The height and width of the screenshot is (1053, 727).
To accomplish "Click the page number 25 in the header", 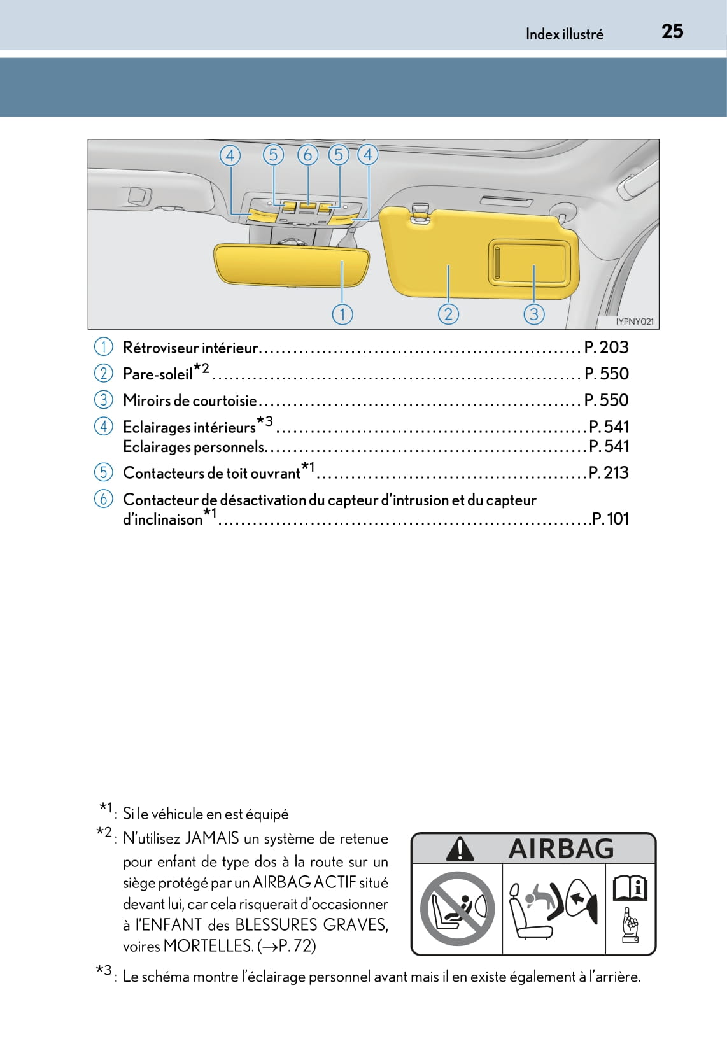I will [x=672, y=31].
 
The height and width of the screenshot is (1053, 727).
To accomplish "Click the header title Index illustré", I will [x=564, y=34].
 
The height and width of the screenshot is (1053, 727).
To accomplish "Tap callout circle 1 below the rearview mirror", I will [x=342, y=314].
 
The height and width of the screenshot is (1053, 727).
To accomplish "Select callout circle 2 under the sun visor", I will [x=448, y=314].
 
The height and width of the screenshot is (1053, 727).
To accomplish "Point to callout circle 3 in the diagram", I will [x=533, y=314].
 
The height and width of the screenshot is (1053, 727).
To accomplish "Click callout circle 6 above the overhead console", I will [x=307, y=155].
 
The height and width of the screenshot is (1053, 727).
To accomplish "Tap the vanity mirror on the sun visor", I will [x=527, y=262].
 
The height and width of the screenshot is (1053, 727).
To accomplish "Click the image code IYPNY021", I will [x=634, y=322].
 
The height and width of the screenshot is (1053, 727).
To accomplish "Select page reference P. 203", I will [x=606, y=348].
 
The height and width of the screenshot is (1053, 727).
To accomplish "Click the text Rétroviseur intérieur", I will [x=190, y=348].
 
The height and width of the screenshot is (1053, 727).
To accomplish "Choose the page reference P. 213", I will [x=608, y=473].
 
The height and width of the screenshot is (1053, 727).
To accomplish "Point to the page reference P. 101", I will [x=610, y=519].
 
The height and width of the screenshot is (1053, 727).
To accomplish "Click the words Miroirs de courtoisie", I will [x=190, y=400].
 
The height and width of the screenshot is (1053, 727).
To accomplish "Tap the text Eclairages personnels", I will [x=194, y=447].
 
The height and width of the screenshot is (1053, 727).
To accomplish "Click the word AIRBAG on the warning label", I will [x=561, y=849].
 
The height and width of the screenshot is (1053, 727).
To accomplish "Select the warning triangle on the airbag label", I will [x=460, y=849].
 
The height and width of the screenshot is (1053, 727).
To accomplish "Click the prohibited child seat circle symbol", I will [x=457, y=908].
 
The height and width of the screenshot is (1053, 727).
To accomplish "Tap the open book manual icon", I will [x=630, y=888].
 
